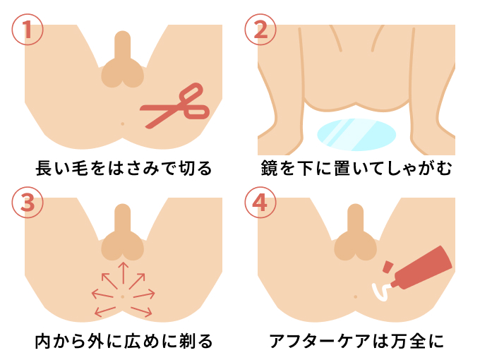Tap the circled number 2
point(260,30)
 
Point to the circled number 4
point(260,203)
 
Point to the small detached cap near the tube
point(388,268)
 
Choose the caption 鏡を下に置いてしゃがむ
point(356,169)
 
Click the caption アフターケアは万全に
point(356,342)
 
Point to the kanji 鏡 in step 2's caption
point(269,169)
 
